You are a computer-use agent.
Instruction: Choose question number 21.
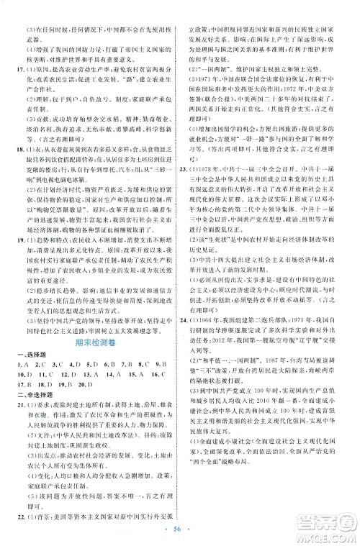[x=17, y=406]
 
